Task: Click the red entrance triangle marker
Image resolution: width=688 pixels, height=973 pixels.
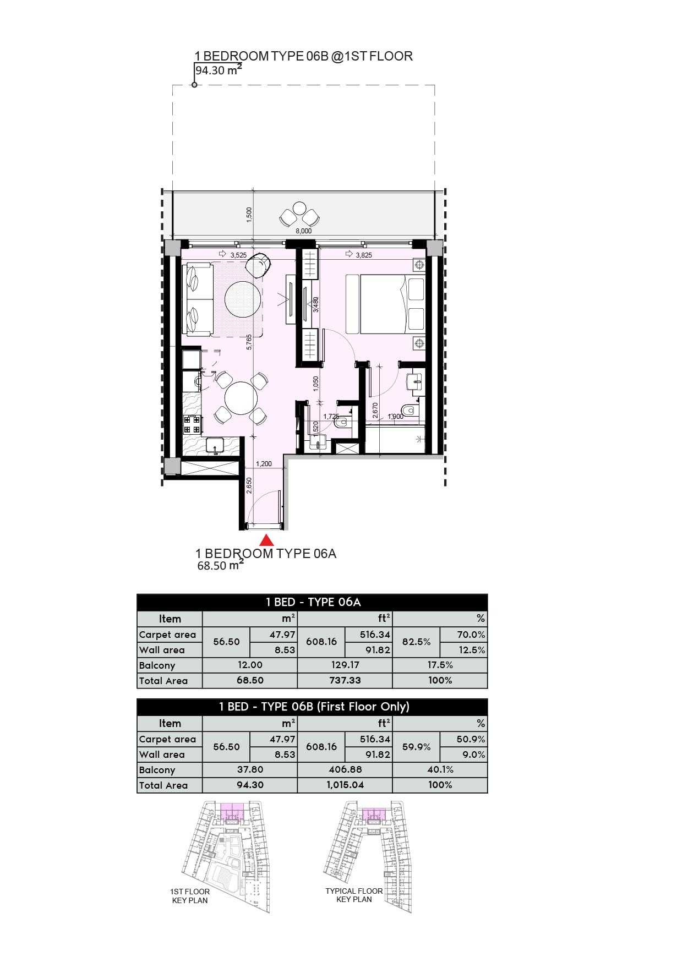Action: (266, 540)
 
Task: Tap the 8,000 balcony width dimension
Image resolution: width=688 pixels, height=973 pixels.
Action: (303, 231)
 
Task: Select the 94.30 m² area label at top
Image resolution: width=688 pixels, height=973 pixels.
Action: (219, 70)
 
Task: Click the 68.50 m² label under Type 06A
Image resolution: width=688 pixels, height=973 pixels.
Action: (220, 565)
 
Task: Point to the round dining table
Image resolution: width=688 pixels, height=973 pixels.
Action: (241, 398)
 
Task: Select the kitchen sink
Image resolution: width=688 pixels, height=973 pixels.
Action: (215, 445)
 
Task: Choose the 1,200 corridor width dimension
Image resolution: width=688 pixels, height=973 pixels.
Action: (264, 463)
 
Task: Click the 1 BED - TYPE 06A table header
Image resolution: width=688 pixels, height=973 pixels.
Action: (313, 602)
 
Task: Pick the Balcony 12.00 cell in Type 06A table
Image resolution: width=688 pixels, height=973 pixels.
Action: (250, 665)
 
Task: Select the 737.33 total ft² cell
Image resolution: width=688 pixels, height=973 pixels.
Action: (345, 680)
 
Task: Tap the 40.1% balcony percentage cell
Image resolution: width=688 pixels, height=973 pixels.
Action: (440, 769)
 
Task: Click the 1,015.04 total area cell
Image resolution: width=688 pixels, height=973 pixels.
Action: (345, 785)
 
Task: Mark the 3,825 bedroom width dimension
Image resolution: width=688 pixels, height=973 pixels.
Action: (364, 255)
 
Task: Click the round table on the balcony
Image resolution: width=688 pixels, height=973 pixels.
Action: (299, 209)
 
